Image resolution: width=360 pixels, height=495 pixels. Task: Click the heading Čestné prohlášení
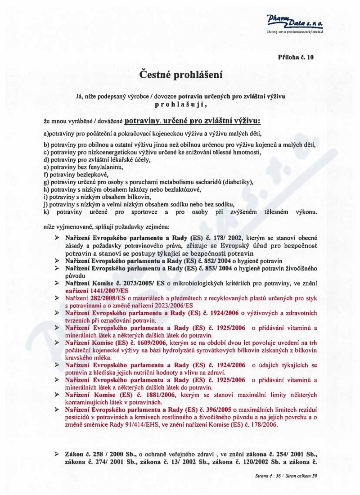coord(180,72)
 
